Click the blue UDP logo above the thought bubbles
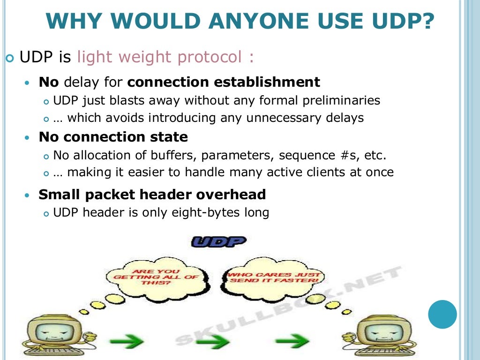click(x=219, y=242)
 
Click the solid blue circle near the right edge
click(x=442, y=314)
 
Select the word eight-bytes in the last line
click(x=206, y=212)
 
